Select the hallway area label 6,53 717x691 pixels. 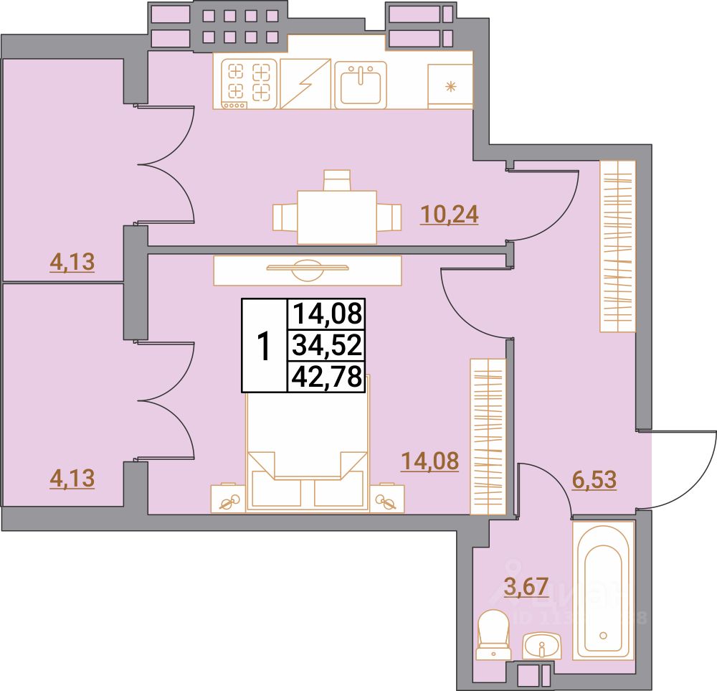[x=595, y=479]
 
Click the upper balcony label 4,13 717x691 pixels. [x=72, y=263]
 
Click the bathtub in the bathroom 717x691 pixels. [x=604, y=588]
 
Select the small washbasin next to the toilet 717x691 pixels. [x=542, y=646]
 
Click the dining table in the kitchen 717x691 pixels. [x=337, y=216]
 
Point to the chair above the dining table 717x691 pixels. [x=337, y=179]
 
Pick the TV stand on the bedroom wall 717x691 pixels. [x=308, y=270]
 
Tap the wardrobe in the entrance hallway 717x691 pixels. [x=617, y=246]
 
